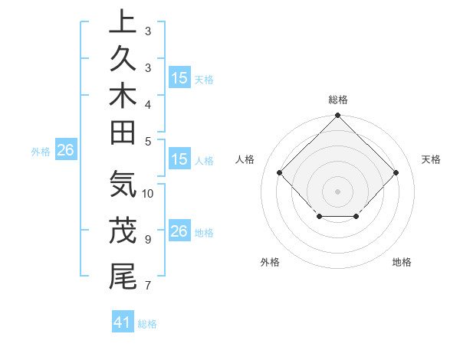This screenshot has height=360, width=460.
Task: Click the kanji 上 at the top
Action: pyautogui.click(x=123, y=23)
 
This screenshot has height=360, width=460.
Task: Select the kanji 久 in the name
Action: pyautogui.click(x=123, y=61)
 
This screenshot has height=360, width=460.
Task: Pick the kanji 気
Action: pyautogui.click(x=123, y=185)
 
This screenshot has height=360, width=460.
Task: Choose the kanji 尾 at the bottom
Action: pyautogui.click(x=123, y=276)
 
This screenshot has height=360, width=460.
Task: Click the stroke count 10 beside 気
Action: pyautogui.click(x=148, y=194)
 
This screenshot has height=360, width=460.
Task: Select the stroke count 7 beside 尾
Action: pyautogui.click(x=147, y=286)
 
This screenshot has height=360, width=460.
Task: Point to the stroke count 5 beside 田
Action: pyautogui.click(x=147, y=141)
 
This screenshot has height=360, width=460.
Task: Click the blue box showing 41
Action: pyautogui.click(x=123, y=323)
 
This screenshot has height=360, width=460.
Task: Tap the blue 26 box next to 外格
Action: pyautogui.click(x=65, y=151)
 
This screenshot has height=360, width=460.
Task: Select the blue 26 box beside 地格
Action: pyautogui.click(x=179, y=232)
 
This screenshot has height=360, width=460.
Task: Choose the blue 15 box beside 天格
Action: pyautogui.click(x=179, y=78)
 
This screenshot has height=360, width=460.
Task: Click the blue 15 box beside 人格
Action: pyautogui.click(x=179, y=160)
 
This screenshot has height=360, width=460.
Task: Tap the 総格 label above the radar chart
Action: pyautogui.click(x=337, y=100)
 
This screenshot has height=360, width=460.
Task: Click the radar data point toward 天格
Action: pyautogui.click(x=396, y=172)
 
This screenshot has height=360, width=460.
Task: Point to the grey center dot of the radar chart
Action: pyautogui.click(x=337, y=191)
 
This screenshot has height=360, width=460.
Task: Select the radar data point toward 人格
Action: pyautogui.click(x=279, y=172)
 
